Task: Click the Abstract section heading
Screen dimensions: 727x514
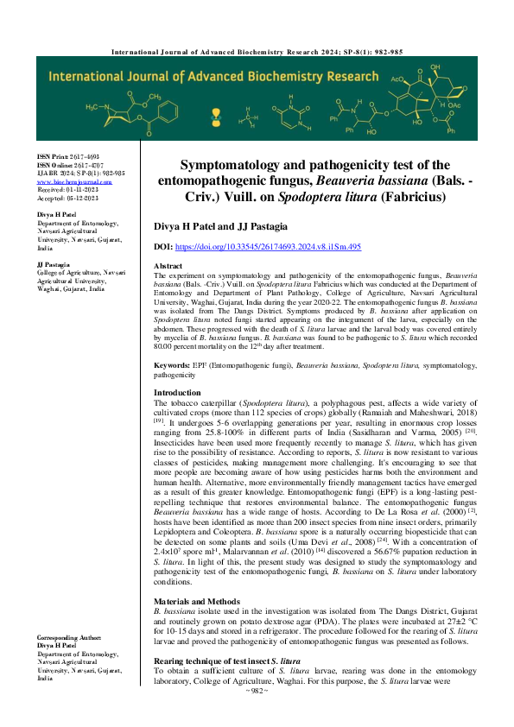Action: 168,266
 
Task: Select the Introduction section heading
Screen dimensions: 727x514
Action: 177,392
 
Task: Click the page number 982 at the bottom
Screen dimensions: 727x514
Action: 257,716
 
